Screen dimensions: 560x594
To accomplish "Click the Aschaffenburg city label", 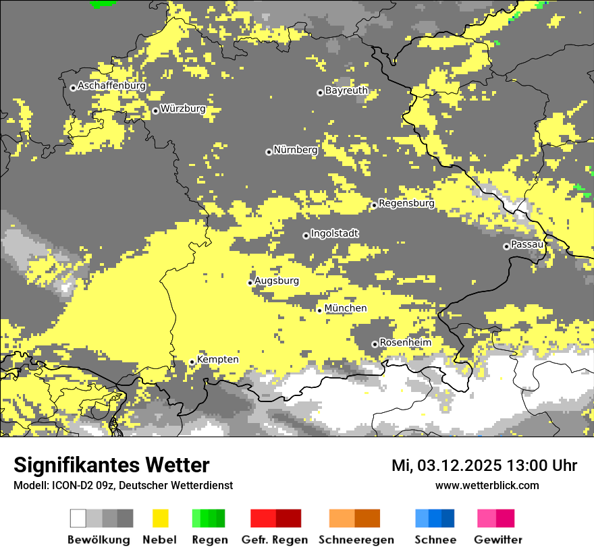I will tap(111, 86).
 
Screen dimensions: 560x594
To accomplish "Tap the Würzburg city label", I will tap(183, 109).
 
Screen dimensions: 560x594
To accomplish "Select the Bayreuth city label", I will tap(346, 90).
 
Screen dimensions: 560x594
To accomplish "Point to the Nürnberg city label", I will tap(295, 150).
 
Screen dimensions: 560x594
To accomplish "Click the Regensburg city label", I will tap(406, 203).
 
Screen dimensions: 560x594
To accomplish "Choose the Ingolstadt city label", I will tap(335, 233).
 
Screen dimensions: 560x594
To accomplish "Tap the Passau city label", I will tap(527, 244).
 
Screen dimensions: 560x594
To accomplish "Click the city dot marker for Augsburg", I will tap(250, 283).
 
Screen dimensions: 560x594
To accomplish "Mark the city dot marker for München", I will tap(320, 310).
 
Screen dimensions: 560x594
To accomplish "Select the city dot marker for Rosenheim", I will tap(375, 344).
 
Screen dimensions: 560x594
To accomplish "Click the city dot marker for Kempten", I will tap(192, 362).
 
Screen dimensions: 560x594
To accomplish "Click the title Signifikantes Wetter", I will tap(111, 466).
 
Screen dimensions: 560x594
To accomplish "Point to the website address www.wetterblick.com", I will tap(487, 485).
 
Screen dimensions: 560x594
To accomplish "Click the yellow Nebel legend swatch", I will tap(160, 518).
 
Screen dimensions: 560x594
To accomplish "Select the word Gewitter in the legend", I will tap(498, 540).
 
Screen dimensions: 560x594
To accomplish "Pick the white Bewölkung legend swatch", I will tap(78, 518).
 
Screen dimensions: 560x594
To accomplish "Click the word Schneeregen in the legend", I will tap(356, 540).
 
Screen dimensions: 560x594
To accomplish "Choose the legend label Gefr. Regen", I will tap(274, 540).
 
